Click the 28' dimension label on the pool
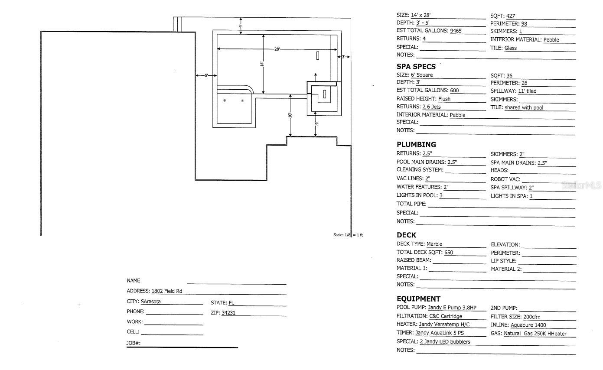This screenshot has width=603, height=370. click(277, 49)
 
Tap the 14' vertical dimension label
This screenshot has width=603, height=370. click(261, 64)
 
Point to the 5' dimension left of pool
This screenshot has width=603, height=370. click(206, 75)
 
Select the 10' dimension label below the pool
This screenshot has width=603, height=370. click(290, 115)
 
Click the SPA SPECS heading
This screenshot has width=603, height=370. click(416, 67)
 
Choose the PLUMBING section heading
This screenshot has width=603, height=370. click(416, 144)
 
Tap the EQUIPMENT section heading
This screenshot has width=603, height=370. click(418, 299)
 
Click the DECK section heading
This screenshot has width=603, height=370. click(406, 235)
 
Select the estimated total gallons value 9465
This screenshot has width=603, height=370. click(456, 31)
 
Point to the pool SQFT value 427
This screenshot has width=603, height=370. click(510, 16)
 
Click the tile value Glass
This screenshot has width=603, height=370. click(510, 48)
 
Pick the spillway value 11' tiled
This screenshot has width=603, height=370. click(527, 91)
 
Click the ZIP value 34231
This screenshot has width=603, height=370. click(228, 313)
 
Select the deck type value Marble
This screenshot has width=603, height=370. click(434, 244)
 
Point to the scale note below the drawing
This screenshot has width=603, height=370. click(348, 235)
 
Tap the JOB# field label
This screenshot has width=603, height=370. click(134, 343)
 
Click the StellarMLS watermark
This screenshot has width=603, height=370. click(582, 185)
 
